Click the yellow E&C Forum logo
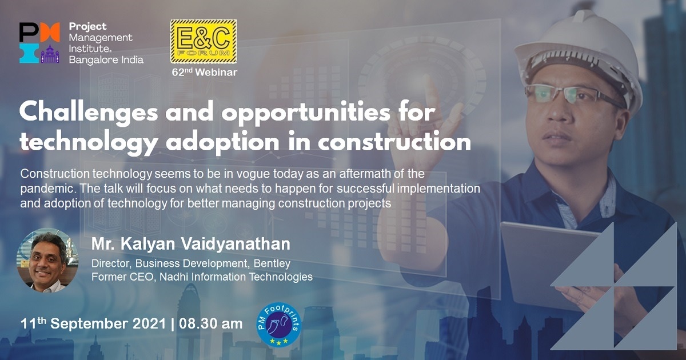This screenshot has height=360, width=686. point(204,41)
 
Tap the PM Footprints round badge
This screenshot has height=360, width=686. point(279,325)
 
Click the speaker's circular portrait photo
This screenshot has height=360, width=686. point(47,260)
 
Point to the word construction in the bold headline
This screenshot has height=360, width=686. point(394,142)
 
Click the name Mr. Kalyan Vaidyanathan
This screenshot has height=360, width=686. point(191,244)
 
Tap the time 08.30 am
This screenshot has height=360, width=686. point(211,324)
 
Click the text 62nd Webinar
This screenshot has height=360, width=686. point(204,72)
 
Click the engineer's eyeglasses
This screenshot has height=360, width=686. point(569,94)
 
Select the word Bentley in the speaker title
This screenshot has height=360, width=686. point(272,263)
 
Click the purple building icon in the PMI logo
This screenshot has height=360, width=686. point(50,54)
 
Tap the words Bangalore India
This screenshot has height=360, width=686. point(106,59)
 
